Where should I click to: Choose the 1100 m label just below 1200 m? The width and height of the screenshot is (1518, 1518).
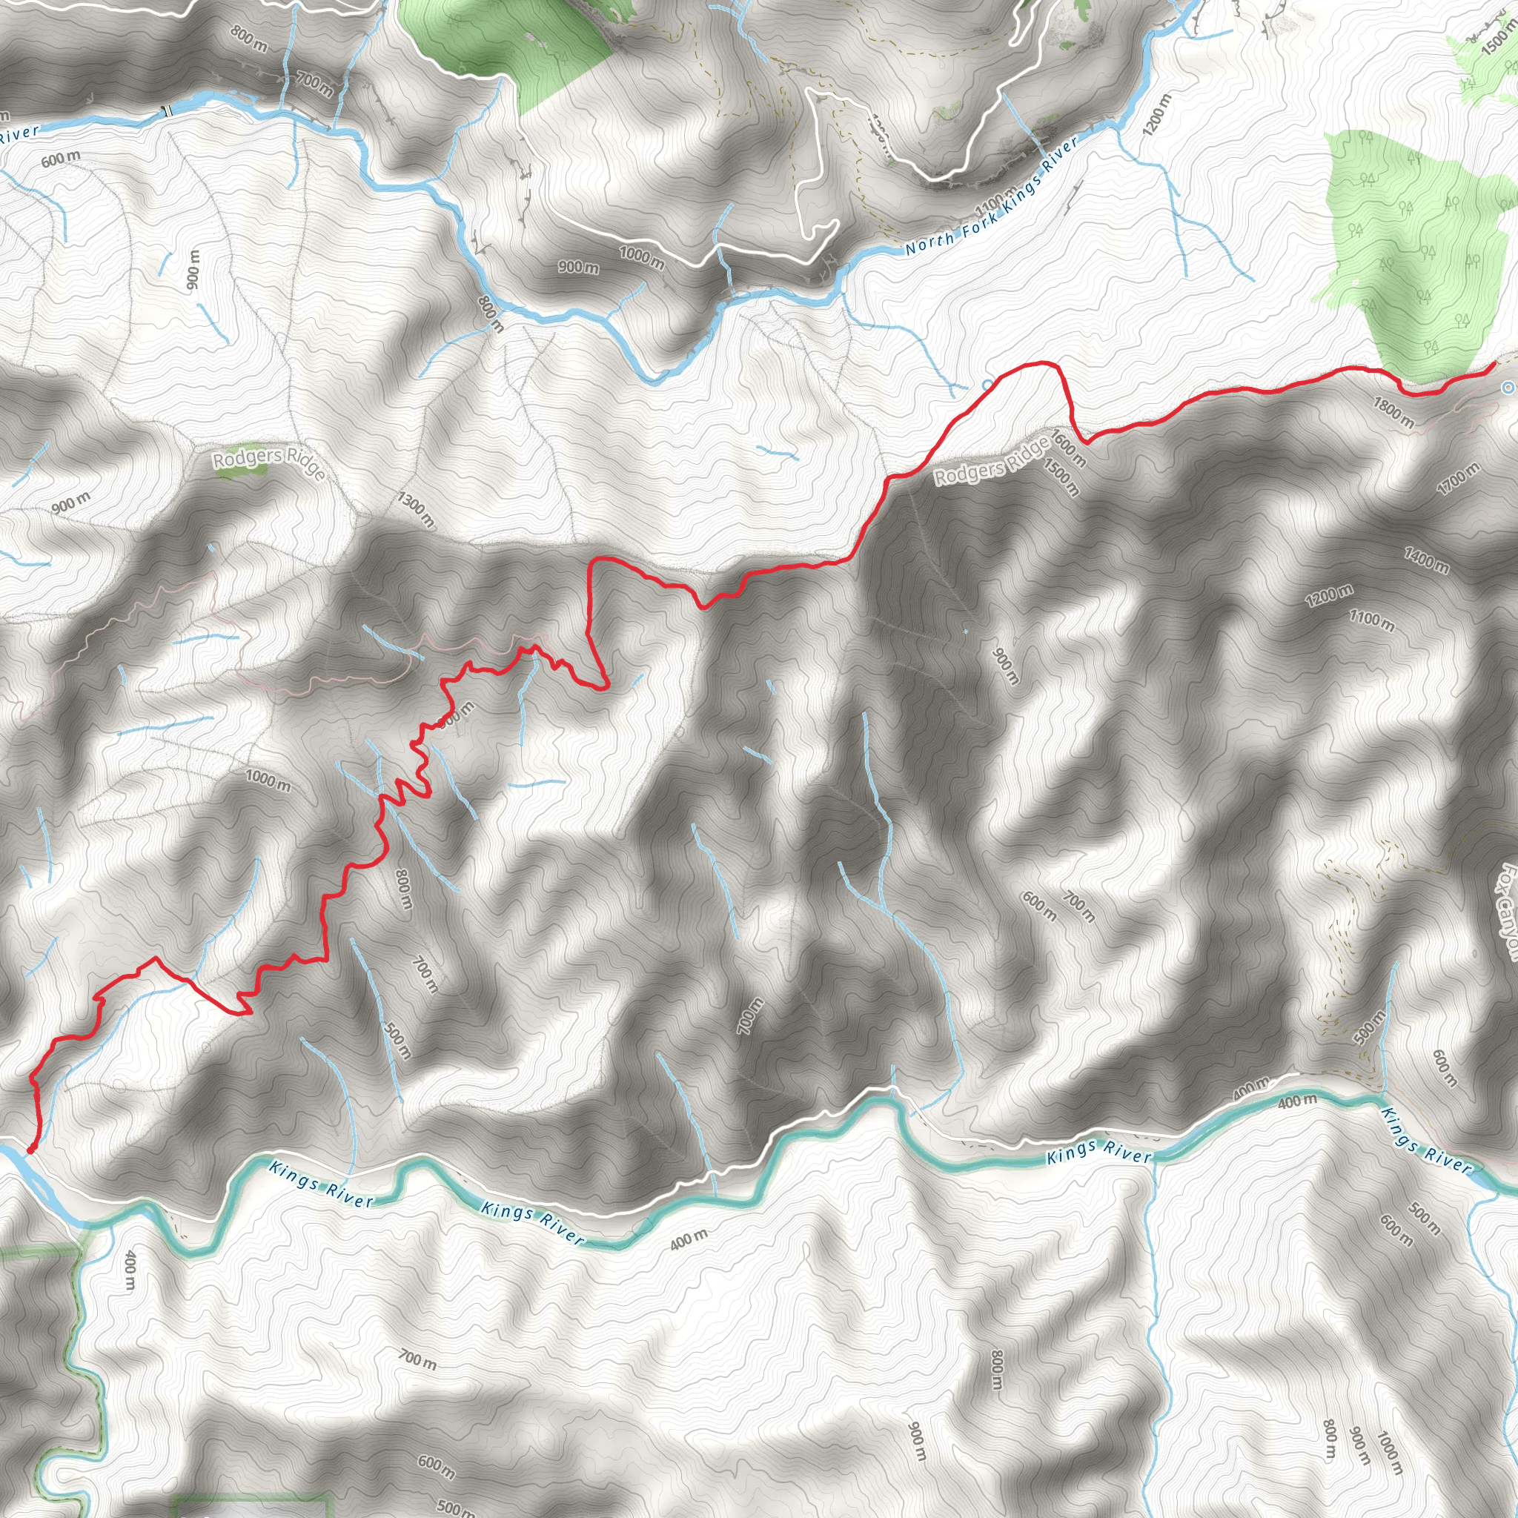point(1372,620)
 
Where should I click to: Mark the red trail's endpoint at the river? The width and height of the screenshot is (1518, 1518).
point(30,1150)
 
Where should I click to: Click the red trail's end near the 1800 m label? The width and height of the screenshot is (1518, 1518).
point(1493,365)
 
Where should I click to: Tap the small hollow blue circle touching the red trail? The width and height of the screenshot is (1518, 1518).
point(987,384)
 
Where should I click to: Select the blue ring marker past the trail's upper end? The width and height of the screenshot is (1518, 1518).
point(1507,388)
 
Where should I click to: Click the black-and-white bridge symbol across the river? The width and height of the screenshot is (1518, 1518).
point(168,110)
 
